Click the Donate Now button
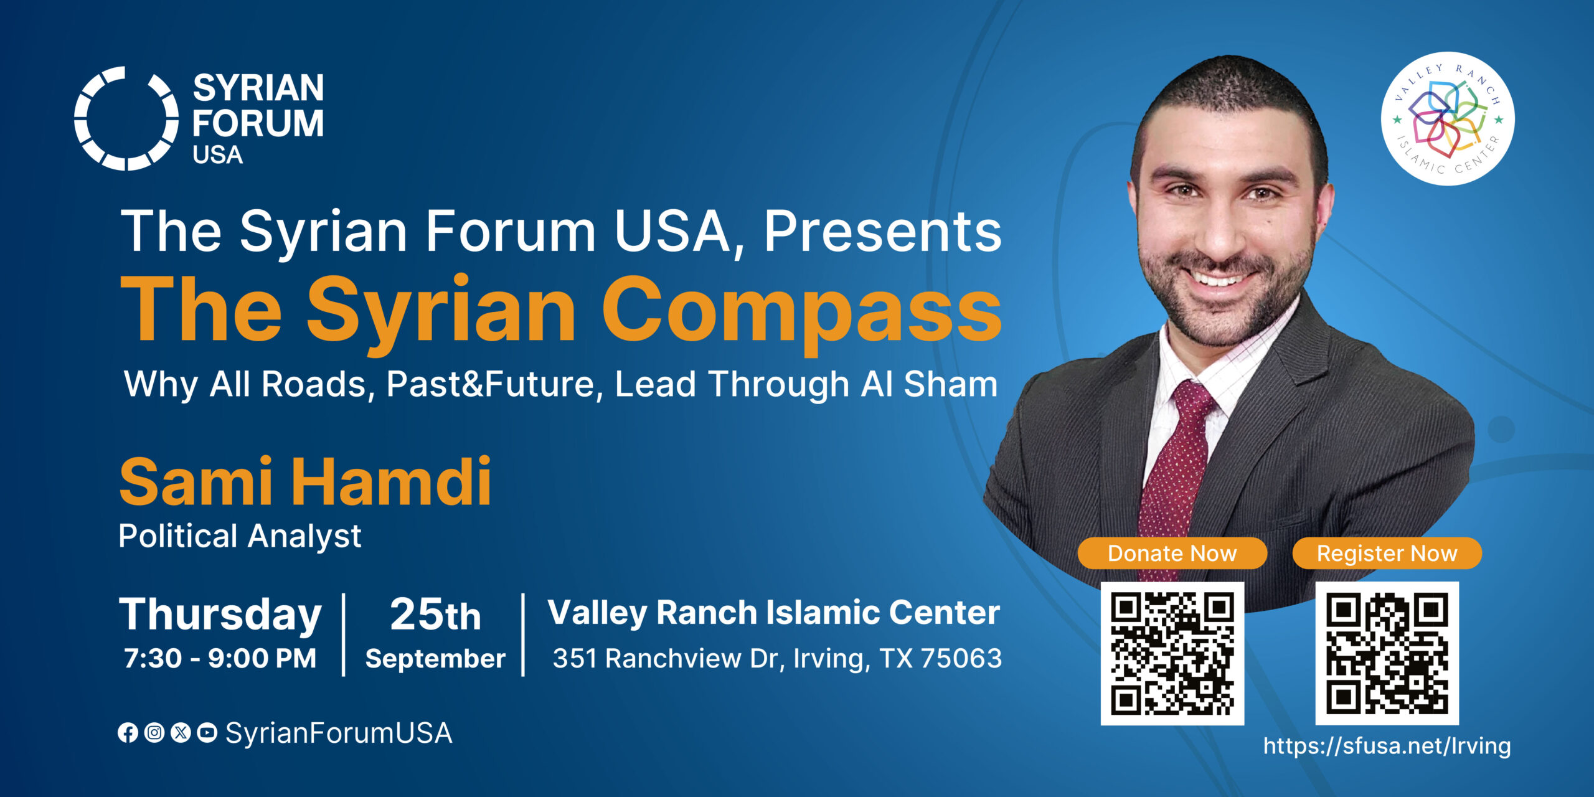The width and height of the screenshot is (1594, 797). [x=1172, y=553]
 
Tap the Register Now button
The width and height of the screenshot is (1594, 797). [x=1387, y=553]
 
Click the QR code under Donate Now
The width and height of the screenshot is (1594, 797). [x=1172, y=653]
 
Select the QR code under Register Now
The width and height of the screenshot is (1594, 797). [x=1387, y=653]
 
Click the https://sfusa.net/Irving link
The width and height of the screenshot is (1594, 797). [x=1387, y=745]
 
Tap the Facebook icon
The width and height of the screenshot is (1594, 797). [x=128, y=733]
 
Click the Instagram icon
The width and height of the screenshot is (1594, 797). [x=154, y=733]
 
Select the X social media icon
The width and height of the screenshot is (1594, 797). [x=181, y=733]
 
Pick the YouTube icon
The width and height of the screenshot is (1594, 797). [x=207, y=733]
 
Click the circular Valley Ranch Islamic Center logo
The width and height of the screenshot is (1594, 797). [x=1448, y=118]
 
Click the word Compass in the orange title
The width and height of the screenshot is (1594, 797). [x=801, y=311]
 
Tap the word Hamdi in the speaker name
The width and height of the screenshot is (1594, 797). [x=392, y=481]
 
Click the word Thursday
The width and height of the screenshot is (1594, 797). [x=220, y=615]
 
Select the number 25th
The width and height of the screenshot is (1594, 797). [x=435, y=615]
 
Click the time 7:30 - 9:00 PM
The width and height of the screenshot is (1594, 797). [x=220, y=658]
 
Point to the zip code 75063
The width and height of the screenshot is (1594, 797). [x=961, y=658]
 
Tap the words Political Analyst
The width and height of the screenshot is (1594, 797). [x=240, y=536]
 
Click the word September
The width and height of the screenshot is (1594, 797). [x=435, y=659]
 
